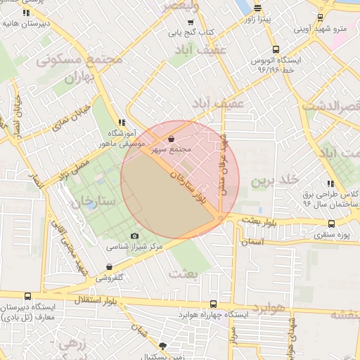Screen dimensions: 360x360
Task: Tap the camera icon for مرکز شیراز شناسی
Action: point(134,236)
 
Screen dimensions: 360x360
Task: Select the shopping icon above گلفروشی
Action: point(108,266)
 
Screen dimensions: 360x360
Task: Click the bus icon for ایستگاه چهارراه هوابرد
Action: point(213,304)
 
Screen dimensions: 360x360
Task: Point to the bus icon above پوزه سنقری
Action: point(331,223)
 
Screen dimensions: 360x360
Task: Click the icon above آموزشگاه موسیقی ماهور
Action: point(122,121)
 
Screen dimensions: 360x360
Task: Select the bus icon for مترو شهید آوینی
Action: point(320,17)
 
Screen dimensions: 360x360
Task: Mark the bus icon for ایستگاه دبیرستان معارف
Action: point(27,297)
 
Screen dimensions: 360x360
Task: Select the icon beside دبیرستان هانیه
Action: point(26,13)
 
